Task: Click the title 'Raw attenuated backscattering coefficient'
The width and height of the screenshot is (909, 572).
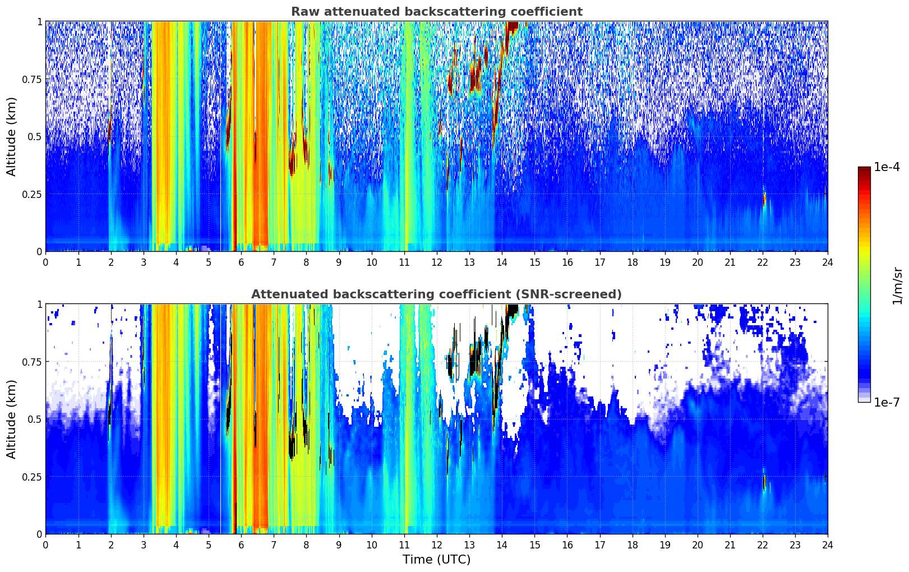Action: (437, 11)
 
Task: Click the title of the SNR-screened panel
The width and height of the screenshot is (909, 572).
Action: (436, 294)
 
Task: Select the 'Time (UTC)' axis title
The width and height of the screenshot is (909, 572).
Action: (436, 560)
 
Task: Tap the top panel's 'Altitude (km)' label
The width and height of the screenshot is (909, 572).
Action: (11, 137)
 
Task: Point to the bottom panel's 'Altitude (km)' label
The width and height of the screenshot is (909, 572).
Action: (11, 419)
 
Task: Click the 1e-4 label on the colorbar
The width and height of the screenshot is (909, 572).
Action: (886, 167)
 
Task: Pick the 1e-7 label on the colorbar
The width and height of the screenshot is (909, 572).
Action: (886, 402)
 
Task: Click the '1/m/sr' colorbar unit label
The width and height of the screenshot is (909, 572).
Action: (898, 286)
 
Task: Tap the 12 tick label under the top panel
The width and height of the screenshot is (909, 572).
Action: (437, 262)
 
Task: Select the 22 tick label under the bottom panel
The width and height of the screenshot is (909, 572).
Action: (763, 545)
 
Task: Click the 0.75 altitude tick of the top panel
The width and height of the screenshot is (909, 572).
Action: (31, 79)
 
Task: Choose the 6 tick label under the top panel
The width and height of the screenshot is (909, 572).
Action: (241, 262)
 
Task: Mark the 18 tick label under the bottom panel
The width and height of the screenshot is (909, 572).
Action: (632, 545)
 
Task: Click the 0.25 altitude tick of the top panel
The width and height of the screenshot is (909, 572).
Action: (31, 195)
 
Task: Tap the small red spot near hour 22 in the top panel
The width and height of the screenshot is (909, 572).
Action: (764, 199)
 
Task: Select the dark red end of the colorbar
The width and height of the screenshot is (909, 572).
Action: (864, 169)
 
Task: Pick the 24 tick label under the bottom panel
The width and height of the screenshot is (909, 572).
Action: (828, 545)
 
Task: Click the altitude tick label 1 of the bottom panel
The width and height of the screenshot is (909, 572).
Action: (40, 305)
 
